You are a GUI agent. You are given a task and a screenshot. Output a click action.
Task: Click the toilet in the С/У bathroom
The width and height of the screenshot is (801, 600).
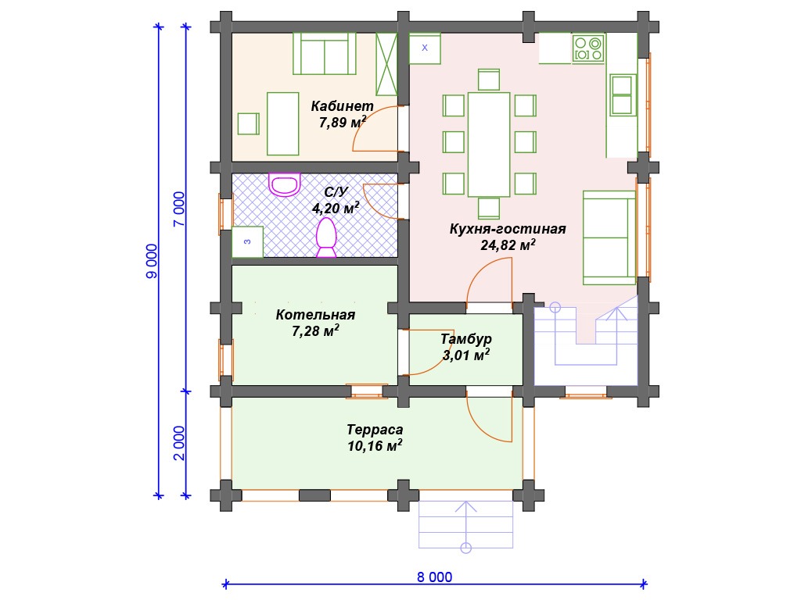coord(326,237)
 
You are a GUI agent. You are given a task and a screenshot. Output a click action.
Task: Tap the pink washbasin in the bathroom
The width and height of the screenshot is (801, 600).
coord(285,184)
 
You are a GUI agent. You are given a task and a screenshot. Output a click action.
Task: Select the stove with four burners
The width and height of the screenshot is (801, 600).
coord(588,49)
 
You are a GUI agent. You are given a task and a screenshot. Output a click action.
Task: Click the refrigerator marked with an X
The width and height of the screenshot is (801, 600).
coord(425,48)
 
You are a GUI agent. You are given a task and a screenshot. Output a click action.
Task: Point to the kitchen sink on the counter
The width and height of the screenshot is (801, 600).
coord(622,95)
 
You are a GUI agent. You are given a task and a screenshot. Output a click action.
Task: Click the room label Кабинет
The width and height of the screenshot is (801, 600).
coord(342,106)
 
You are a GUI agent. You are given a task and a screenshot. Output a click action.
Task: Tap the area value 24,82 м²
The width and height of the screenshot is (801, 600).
coord(508,245)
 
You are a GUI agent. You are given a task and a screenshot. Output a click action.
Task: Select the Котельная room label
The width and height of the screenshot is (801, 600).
coord(315,314)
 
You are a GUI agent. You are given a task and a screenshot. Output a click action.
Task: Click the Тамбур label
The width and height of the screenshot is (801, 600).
coord(466,338)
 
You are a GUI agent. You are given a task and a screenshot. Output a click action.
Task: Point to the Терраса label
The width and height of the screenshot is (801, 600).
coord(375,430)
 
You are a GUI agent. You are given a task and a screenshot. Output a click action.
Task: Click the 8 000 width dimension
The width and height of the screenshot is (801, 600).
coord(434,577)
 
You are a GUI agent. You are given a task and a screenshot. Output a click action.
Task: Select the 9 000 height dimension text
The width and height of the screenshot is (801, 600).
coord(152,261)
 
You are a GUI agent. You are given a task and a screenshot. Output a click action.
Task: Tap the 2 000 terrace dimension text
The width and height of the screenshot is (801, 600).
coord(179,443)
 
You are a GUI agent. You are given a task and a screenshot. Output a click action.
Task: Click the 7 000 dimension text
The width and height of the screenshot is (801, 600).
coord(179,209)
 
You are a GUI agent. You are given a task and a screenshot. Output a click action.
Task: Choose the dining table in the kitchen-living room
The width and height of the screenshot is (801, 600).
coord(489,145)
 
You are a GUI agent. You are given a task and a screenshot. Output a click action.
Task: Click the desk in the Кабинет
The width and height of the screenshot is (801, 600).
coord(282,123)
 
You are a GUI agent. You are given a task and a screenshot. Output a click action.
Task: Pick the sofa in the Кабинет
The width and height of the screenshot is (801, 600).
coord(325,54)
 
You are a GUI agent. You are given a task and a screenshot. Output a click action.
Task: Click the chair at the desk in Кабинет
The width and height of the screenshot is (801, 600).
coord(248,123)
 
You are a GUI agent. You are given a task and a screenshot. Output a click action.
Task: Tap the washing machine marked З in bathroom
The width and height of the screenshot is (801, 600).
coord(248,242)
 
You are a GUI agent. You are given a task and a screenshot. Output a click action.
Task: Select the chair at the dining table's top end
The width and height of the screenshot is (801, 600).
coord(489,80)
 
